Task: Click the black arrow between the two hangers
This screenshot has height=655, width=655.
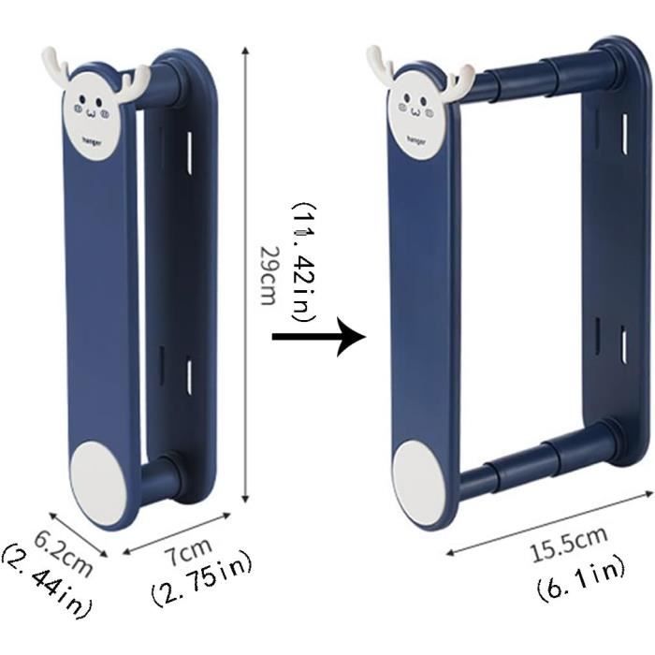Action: (319, 337)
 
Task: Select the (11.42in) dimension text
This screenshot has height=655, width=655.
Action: (304, 262)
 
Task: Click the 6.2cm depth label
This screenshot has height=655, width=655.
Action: (63, 554)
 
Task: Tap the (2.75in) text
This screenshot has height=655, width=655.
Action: (202, 579)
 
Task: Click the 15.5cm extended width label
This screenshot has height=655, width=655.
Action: (569, 545)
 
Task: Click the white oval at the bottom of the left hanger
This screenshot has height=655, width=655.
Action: (99, 484)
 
